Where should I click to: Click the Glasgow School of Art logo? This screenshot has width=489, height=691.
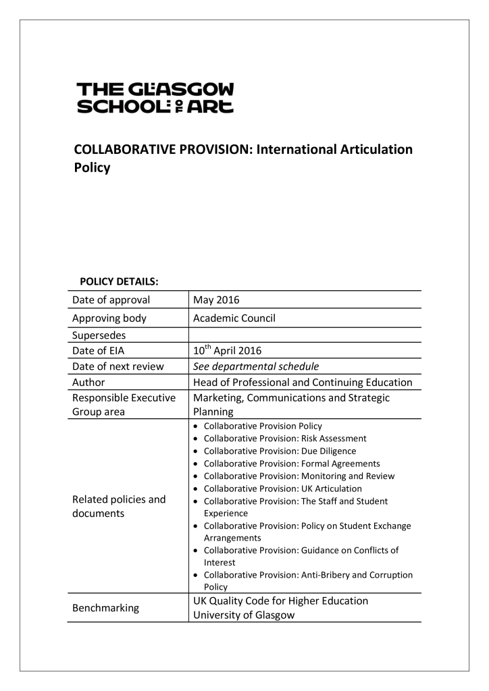[x=155, y=99]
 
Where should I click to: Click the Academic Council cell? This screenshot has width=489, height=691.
[x=234, y=317]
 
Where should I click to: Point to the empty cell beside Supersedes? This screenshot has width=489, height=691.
[x=304, y=334]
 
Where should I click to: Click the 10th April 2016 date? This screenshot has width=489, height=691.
[x=227, y=350]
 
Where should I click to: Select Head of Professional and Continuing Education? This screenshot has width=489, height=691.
[x=302, y=383]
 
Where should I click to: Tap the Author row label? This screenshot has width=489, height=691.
[x=91, y=383]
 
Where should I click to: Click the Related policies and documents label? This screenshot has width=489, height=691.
[x=118, y=506]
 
